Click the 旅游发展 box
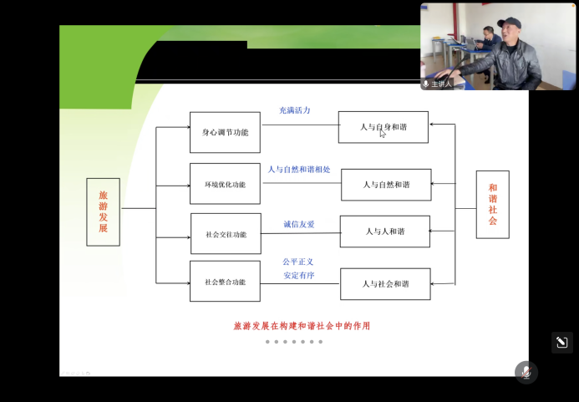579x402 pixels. tap(103, 211)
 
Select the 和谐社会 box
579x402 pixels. tap(492, 205)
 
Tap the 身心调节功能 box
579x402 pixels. tap(225, 132)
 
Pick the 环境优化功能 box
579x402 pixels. tap(225, 184)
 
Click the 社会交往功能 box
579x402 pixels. tap(225, 235)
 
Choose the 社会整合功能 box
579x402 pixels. tap(225, 282)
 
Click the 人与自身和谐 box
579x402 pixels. tap(384, 127)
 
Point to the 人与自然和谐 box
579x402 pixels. tap(386, 185)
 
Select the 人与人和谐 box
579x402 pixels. tap(384, 232)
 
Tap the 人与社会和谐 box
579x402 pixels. tap(385, 284)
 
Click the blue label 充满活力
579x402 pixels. tap(295, 110)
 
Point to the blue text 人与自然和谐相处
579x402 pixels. tap(299, 170)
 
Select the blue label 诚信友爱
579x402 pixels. tap(299, 224)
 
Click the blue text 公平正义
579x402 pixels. tap(298, 262)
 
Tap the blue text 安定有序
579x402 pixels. tap(298, 275)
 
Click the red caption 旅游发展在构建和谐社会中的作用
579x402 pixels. tap(302, 326)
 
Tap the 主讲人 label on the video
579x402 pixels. tap(441, 84)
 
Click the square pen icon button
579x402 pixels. tap(561, 343)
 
